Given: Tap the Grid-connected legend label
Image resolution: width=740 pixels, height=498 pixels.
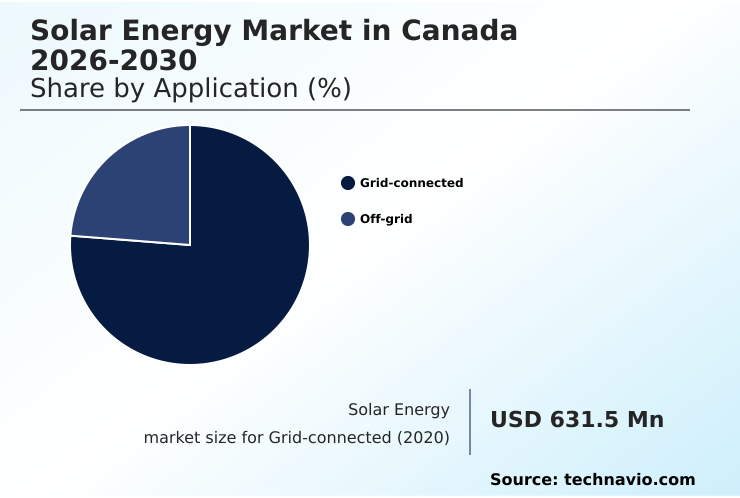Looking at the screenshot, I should [x=411, y=183].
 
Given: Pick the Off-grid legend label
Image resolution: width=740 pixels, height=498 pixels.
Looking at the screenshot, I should [x=386, y=219].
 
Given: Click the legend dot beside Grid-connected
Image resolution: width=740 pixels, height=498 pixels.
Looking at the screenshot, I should [x=348, y=183].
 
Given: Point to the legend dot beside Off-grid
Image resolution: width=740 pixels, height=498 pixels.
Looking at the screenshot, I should [x=348, y=219].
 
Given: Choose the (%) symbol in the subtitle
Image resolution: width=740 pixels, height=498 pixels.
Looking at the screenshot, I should [x=328, y=88].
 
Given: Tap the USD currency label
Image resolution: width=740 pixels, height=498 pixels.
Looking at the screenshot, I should [x=515, y=420].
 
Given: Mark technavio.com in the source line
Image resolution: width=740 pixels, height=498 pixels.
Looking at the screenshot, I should [x=629, y=480].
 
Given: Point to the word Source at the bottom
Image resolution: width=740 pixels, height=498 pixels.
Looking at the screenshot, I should [x=523, y=480].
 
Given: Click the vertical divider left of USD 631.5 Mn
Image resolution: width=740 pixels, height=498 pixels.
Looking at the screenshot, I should [x=470, y=422].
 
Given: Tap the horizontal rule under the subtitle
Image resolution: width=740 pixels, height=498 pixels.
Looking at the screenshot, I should [x=355, y=110].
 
